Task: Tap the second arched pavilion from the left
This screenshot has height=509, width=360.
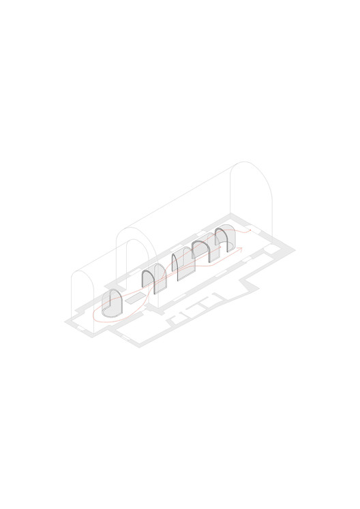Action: click(153, 280)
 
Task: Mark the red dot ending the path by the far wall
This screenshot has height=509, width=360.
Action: click(250, 231)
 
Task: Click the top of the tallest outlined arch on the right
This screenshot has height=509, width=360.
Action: click(250, 164)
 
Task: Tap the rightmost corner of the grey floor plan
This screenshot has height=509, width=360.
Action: click(295, 251)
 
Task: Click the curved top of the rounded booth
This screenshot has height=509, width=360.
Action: click(111, 294)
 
